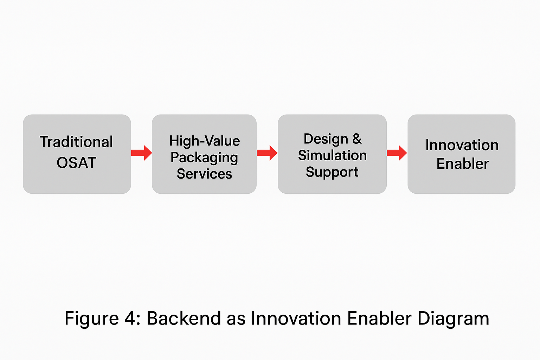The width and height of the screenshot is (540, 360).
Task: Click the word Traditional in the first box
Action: click(76, 142)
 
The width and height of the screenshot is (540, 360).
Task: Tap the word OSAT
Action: click(76, 163)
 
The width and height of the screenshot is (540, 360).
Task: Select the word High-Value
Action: click(205, 141)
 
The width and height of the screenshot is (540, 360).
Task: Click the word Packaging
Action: click(204, 157)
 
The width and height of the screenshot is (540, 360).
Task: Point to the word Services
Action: click(204, 174)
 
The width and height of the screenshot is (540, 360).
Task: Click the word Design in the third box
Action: click(326, 139)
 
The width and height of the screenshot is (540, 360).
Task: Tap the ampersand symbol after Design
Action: click(357, 139)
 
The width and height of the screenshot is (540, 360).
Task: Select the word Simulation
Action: click(332, 155)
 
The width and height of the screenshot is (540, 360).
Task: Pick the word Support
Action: click(332, 172)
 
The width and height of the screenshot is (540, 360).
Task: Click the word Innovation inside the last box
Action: click(462, 145)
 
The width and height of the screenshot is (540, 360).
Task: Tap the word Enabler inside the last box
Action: click(463, 164)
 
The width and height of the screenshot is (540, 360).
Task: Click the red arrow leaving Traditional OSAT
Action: click(141, 153)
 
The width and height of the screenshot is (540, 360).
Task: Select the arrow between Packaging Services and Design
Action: click(267, 153)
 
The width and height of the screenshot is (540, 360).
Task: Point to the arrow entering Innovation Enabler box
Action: click(397, 153)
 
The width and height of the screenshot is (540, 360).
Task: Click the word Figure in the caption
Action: click(91, 319)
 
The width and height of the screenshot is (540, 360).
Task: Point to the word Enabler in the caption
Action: click(379, 319)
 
